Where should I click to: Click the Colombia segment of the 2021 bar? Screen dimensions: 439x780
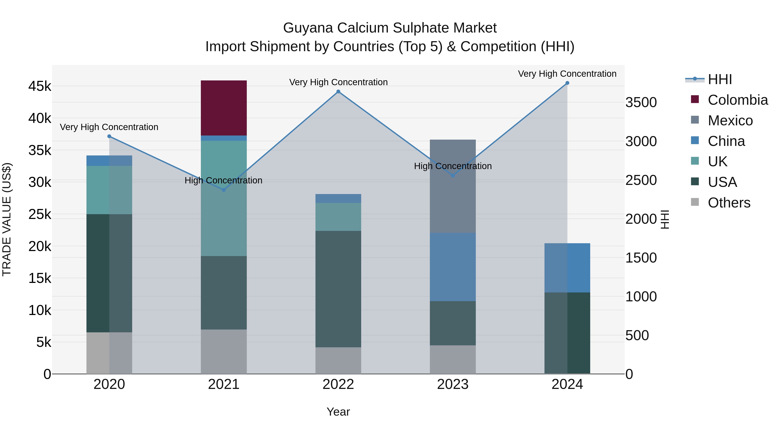[224, 108]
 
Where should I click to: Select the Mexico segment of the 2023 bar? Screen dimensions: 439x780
[453, 186]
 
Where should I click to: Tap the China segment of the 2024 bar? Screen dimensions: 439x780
[567, 268]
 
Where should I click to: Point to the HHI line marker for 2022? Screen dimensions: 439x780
[338, 91]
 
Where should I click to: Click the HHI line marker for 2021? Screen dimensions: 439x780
[224, 190]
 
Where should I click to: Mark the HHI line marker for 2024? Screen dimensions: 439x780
[567, 83]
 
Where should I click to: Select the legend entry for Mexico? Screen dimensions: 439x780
[730, 121]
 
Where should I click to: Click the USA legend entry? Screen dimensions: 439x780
[722, 182]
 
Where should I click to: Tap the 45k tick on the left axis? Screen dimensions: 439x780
[40, 86]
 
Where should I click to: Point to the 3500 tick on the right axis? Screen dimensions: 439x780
[641, 102]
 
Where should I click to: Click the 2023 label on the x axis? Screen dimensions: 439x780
[453, 384]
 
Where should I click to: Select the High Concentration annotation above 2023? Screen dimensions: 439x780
[453, 166]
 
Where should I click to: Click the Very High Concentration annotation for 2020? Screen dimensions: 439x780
[109, 127]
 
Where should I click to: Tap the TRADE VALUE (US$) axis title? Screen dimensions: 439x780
[7, 219]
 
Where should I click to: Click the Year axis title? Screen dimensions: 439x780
[338, 412]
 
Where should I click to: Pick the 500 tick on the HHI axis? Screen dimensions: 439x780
[637, 335]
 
